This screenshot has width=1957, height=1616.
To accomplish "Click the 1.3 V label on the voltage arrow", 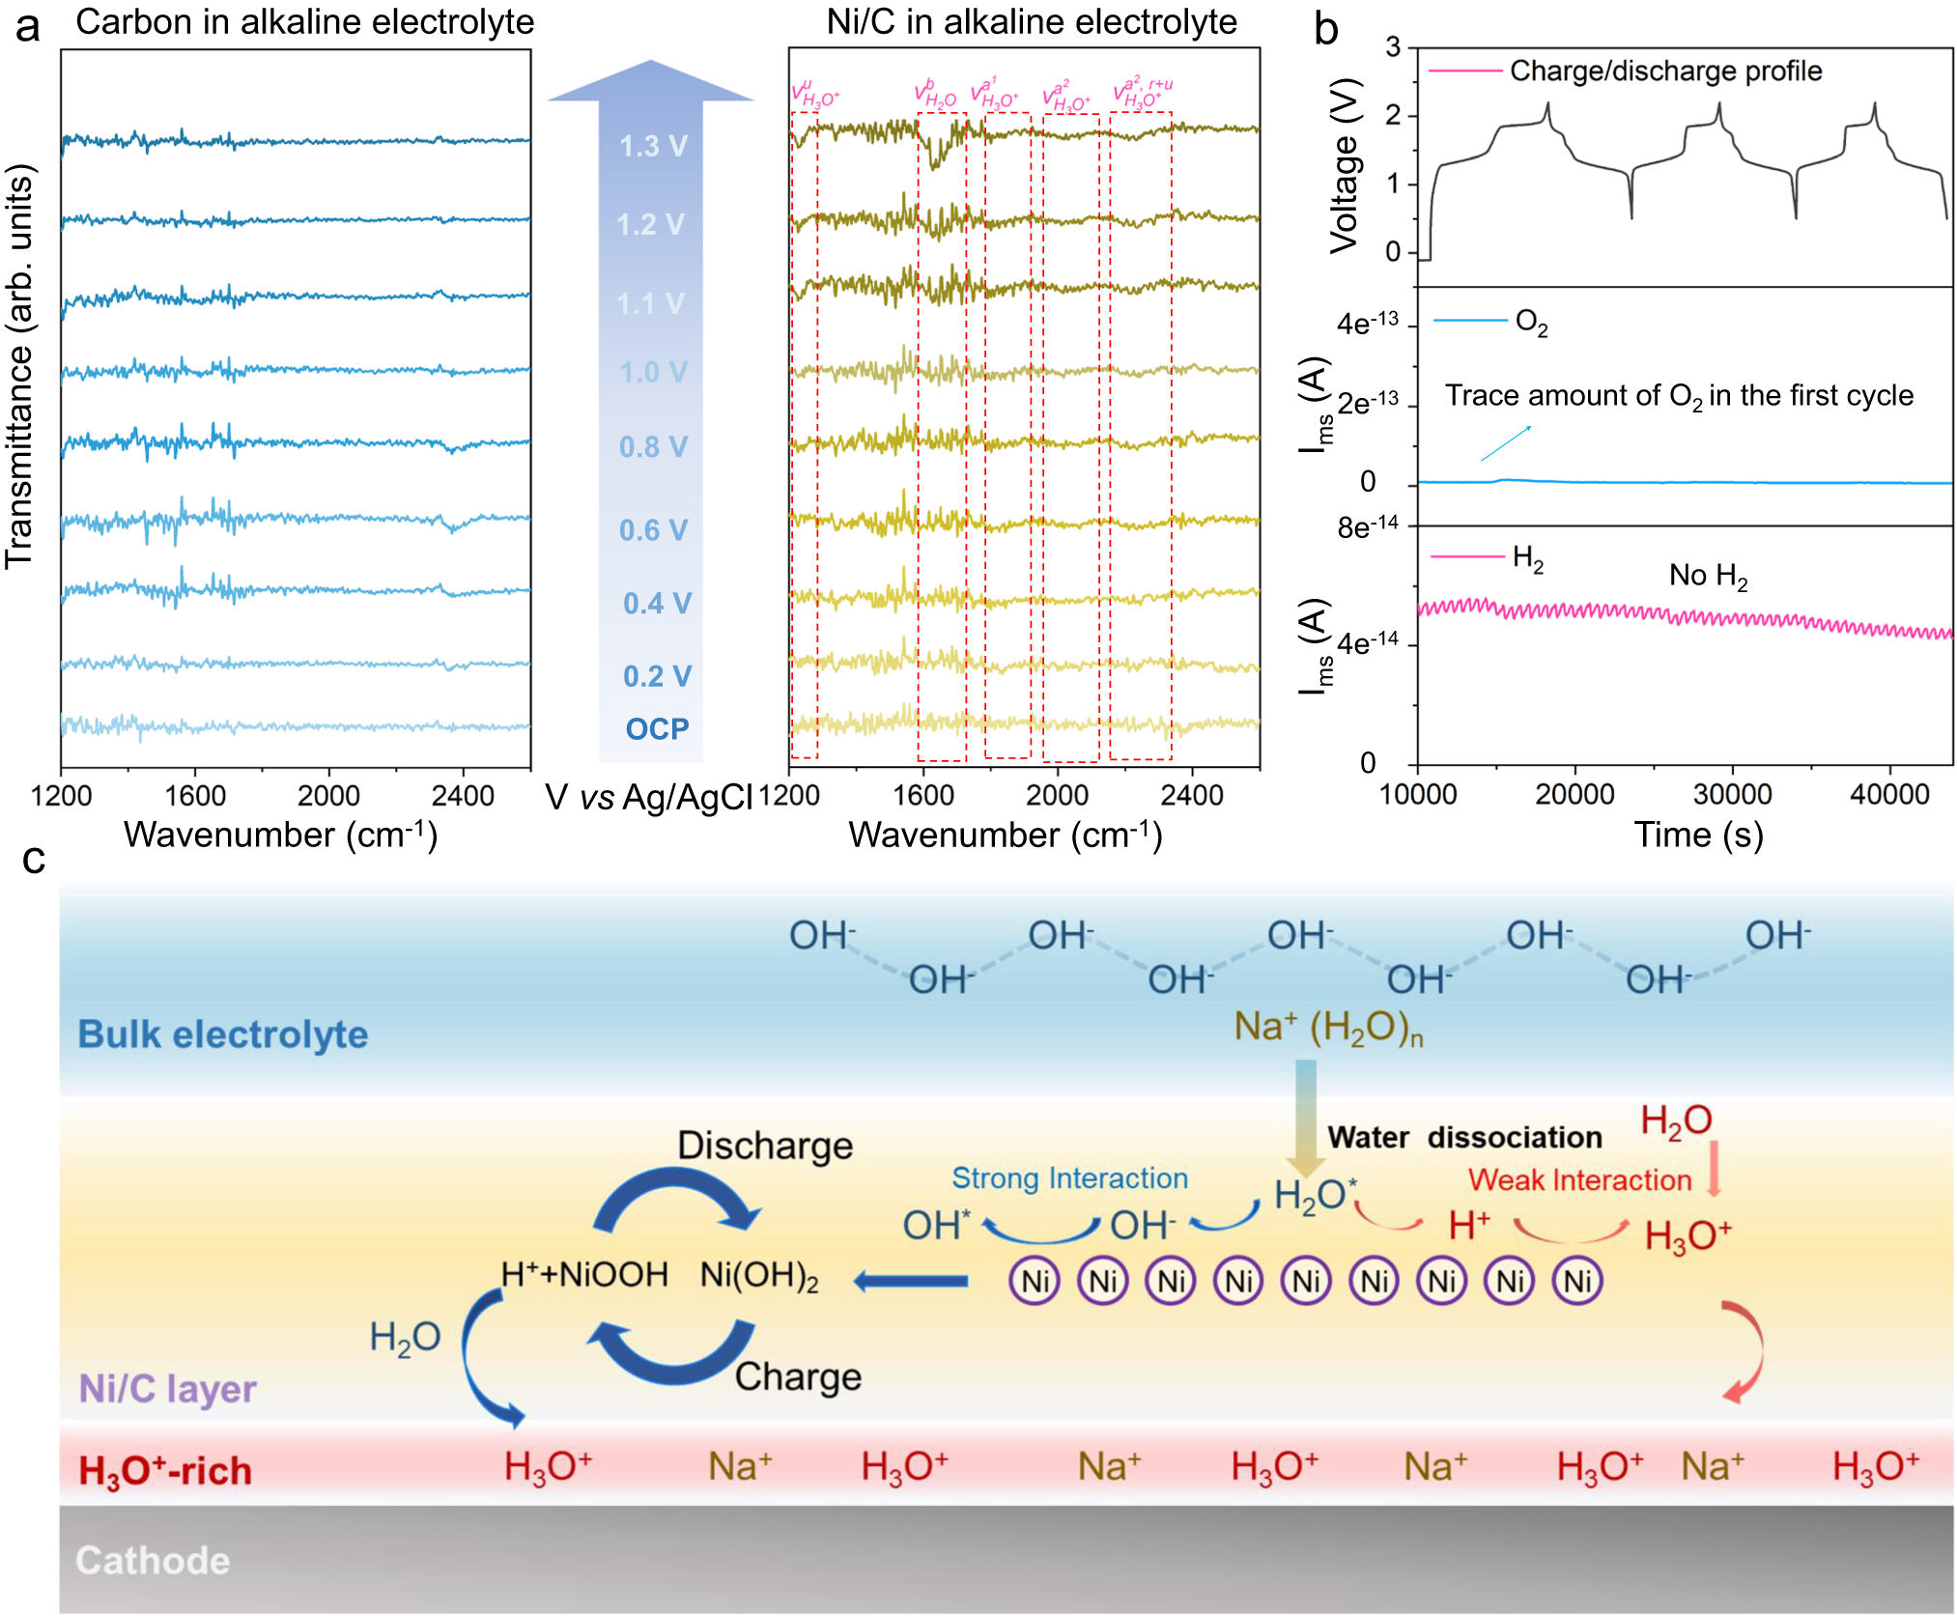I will pos(653,146).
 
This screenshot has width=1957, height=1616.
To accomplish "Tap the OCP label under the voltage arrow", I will pos(657,728).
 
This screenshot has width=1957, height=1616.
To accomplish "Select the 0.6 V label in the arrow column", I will pos(653,529).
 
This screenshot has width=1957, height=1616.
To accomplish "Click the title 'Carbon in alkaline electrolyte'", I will pos(304,21).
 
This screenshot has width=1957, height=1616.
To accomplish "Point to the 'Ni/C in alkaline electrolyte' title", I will pos(1031,21).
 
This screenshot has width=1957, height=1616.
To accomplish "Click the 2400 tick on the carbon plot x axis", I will pos(463,796).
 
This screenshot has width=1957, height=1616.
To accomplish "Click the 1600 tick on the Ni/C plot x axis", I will pos(923,796).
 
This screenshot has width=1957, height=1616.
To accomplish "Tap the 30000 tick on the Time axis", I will pos(1732,794).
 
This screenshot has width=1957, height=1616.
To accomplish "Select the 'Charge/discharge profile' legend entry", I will pos(1664,71).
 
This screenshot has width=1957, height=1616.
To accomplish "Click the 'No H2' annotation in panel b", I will pos(1708,577).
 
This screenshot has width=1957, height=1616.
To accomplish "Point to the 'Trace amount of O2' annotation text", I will pos(1679,396).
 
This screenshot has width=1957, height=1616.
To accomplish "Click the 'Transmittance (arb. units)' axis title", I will pos(19,367).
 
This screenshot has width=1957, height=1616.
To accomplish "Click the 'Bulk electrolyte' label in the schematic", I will pos(223,1035).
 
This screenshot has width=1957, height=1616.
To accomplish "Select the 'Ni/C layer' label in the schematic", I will pos(167,1388).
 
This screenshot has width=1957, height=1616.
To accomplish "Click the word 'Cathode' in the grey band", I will pos(153,1560).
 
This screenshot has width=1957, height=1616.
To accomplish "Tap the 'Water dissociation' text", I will pos(1464,1137).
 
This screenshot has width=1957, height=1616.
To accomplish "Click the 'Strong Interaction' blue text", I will pos(1069,1177).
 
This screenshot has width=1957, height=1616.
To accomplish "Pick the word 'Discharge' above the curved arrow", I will pos(765,1146).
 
